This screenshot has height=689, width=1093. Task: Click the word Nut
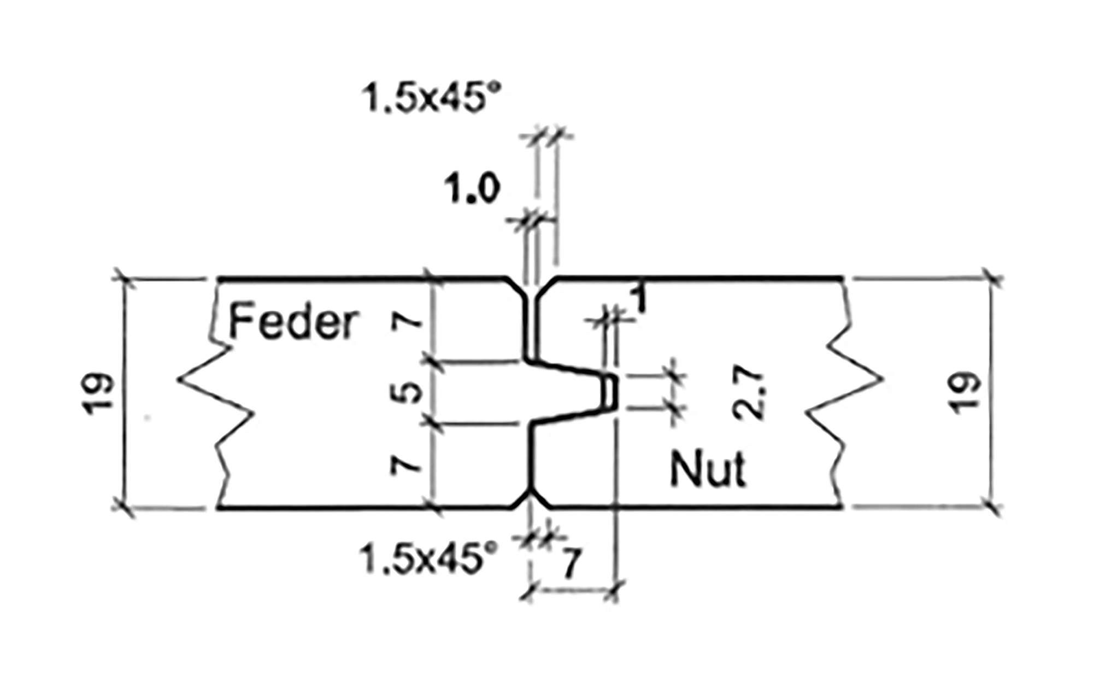pos(707,469)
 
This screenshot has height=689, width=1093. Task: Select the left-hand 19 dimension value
pos(101,393)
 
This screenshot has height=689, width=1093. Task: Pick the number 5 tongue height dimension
pos(409,391)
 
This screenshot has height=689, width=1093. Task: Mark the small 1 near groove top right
pos(639,299)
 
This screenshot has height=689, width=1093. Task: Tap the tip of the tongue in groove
pos(611,391)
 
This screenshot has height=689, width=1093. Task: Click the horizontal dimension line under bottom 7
pos(572,590)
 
